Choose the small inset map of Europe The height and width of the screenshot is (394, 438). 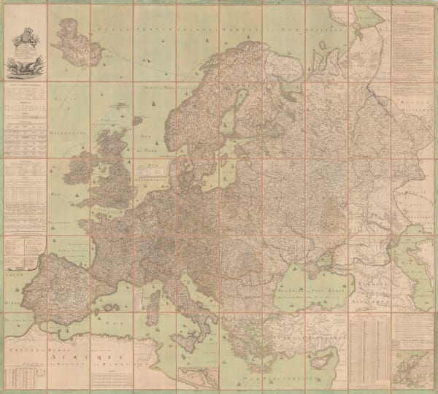pyautogui.click(x=412, y=365)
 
